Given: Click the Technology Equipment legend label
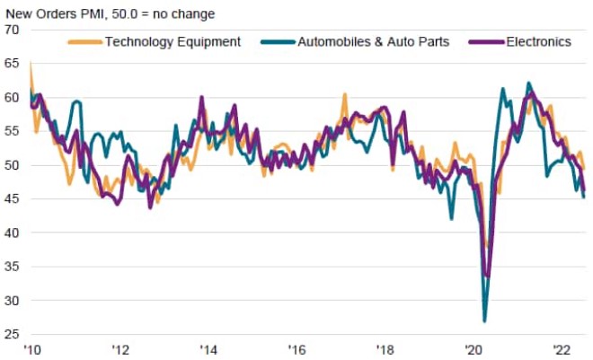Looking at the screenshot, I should coord(173,41).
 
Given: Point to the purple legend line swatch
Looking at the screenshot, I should coord(486,41).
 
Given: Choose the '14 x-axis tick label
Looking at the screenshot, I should coord(208,350).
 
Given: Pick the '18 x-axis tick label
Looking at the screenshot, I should coord(385,350).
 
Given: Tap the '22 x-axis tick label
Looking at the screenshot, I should coord(561,350).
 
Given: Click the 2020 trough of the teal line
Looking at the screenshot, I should coord(485,320).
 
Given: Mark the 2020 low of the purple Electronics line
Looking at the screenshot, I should coord(487,276).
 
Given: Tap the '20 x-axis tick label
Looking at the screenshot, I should coord(473,350).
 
